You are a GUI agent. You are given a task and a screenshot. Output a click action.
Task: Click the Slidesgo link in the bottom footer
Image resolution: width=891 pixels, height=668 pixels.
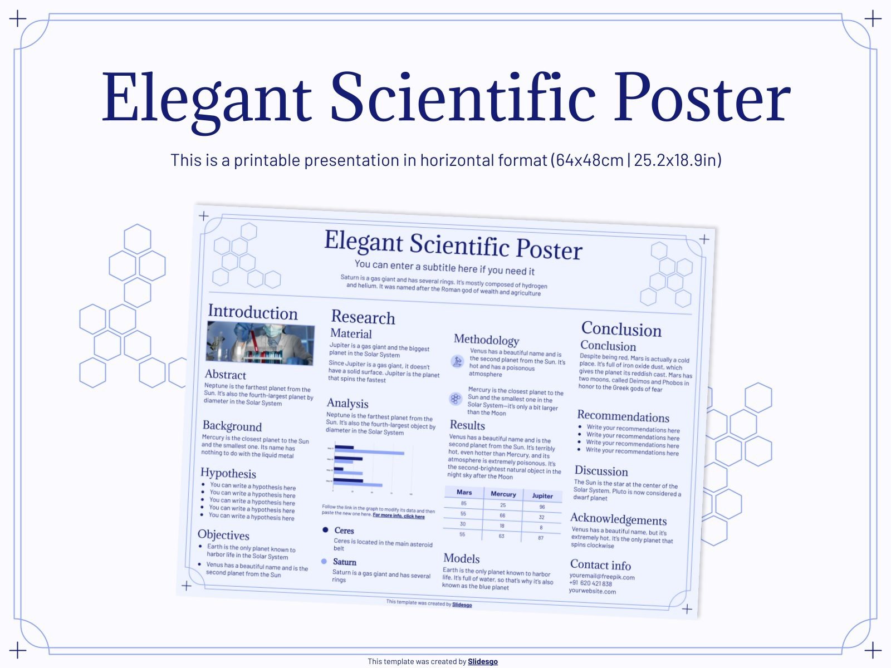[x=482, y=661]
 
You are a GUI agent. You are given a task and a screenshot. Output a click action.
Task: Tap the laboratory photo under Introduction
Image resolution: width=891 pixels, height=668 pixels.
[x=260, y=344]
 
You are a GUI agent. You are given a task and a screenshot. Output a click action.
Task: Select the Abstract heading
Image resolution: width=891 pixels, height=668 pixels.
[x=226, y=375]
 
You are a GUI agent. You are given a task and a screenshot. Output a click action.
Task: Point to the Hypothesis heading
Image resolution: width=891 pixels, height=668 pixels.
[x=228, y=473]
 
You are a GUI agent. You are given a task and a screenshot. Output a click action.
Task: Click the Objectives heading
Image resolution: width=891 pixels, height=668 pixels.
[x=223, y=535]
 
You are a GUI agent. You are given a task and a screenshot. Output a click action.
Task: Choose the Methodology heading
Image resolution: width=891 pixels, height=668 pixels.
[x=486, y=340]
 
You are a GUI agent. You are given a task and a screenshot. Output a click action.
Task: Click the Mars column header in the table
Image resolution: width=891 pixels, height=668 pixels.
[x=464, y=492]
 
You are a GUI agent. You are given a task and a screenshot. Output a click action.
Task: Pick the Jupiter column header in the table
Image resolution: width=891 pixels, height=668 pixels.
[x=542, y=496]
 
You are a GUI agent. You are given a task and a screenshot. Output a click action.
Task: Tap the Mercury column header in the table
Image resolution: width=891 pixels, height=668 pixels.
[x=503, y=494]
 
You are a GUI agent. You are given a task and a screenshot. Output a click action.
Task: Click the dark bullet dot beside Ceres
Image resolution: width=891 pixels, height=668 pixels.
[x=326, y=530]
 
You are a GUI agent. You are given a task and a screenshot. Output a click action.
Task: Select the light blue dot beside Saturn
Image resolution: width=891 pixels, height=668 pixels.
[x=324, y=561]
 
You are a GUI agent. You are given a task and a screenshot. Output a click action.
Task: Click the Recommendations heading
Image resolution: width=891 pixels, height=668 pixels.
[x=623, y=416]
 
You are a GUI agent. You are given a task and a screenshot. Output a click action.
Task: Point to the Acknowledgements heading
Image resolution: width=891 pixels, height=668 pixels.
[x=618, y=519]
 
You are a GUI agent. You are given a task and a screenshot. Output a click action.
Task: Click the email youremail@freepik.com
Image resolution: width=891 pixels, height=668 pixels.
[x=601, y=577]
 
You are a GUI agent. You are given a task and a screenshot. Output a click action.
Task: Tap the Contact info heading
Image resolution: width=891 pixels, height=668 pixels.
[x=600, y=565]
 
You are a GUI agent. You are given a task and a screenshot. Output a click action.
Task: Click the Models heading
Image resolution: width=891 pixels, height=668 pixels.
[x=461, y=558]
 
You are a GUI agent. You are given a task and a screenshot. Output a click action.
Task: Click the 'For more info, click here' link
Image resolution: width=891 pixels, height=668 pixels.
[x=398, y=516]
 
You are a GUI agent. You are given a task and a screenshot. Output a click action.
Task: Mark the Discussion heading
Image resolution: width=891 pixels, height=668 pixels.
[x=601, y=471]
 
